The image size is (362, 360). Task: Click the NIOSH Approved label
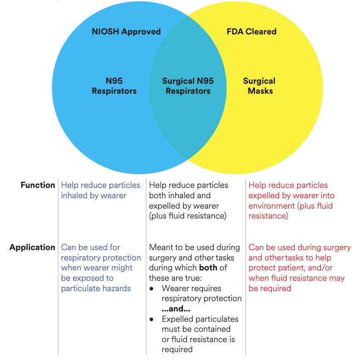coord(126,32)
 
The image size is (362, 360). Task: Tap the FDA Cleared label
coord(251,32)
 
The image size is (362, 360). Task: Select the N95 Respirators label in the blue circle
coord(114,86)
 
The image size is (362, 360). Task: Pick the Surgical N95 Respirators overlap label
coord(188,86)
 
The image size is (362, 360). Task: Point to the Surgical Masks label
coord(260,86)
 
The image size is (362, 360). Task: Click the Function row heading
coord(38,185)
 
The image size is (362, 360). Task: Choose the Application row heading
coord(32,247)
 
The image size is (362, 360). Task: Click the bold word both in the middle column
coord(208,268)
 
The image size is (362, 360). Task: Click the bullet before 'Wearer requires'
coord(152,288)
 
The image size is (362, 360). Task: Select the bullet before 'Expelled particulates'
coord(152,319)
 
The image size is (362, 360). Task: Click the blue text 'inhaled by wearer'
coord(94,195)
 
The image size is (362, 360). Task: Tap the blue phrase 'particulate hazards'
coord(96,288)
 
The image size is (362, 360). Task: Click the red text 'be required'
coord(270,288)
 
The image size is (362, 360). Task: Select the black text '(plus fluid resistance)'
coord(188,216)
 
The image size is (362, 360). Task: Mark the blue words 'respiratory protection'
coord(101,258)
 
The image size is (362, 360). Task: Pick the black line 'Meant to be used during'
coord(194,247)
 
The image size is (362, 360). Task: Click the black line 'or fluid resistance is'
coord(198,339)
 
